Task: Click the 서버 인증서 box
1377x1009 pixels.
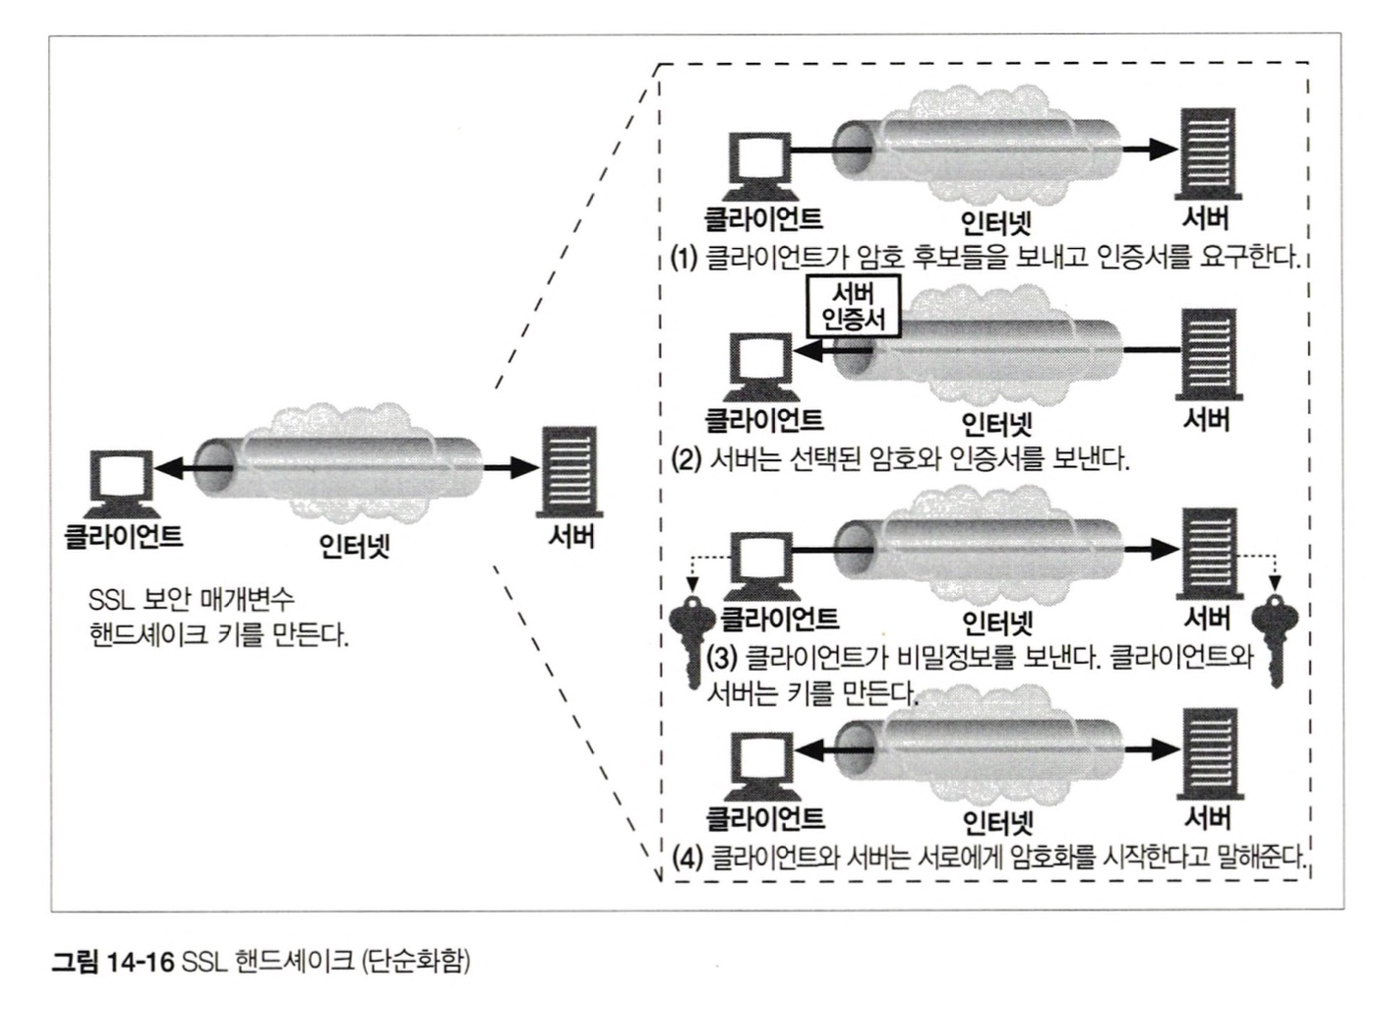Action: [853, 306]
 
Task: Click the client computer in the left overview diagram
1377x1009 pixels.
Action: [122, 484]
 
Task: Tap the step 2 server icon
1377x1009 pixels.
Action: [1206, 351]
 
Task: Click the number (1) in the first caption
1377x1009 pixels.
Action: [684, 259]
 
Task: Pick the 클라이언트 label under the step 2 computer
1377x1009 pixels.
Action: [764, 421]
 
